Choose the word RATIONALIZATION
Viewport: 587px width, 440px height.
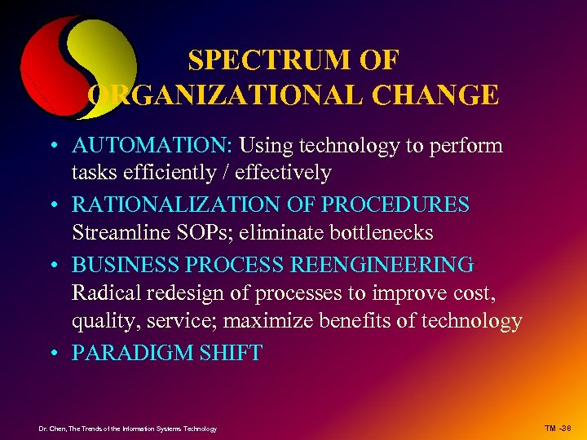tap(170, 205)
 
